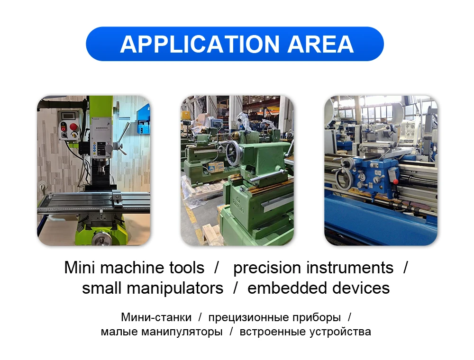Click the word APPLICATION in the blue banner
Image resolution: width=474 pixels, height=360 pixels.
pos(200,45)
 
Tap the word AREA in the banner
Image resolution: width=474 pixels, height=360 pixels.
pos(320,45)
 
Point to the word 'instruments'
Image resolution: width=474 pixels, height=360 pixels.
pos(350,268)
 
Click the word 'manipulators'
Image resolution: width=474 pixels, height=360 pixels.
pos(175,288)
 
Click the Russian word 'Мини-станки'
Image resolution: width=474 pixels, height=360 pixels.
pos(156,317)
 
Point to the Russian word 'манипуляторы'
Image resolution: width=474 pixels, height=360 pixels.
pos(182,332)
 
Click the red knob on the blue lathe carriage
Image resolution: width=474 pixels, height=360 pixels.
pos(395,181)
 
